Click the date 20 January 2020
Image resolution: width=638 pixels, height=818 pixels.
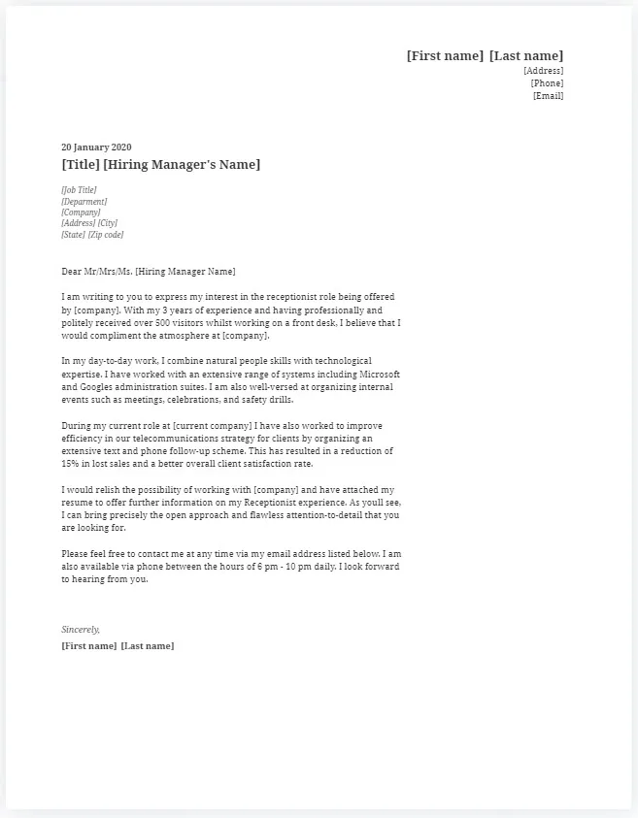pyautogui.click(x=96, y=147)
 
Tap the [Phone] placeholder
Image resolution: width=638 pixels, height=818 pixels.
pyautogui.click(x=547, y=83)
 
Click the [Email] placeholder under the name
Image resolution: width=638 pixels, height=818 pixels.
pyautogui.click(x=548, y=95)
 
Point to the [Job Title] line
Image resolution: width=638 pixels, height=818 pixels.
pyautogui.click(x=79, y=190)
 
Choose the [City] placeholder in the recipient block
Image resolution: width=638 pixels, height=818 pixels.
pyautogui.click(x=107, y=223)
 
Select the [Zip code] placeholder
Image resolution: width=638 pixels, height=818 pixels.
pyautogui.click(x=106, y=235)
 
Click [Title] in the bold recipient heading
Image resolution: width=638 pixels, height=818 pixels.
pyautogui.click(x=80, y=165)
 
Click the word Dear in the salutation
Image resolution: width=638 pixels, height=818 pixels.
pyautogui.click(x=71, y=272)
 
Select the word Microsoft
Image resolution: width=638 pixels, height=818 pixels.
pyautogui.click(x=380, y=374)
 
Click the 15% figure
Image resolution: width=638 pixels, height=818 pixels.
pyautogui.click(x=70, y=464)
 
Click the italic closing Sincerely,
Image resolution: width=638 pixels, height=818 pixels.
pyautogui.click(x=81, y=630)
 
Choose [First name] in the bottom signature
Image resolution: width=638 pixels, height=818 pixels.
pyautogui.click(x=89, y=646)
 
